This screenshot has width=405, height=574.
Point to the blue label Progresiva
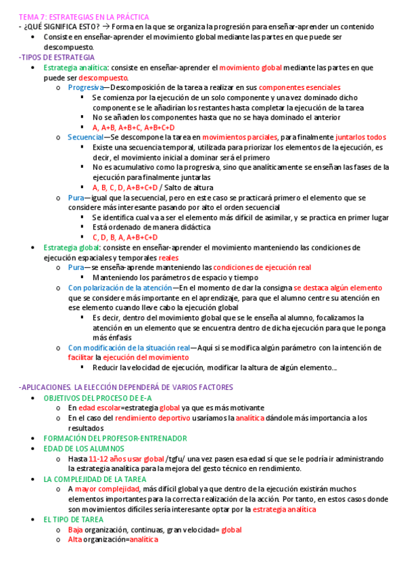click(x=86, y=88)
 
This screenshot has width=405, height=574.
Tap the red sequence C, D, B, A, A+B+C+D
click(x=125, y=238)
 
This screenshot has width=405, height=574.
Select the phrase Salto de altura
click(x=187, y=187)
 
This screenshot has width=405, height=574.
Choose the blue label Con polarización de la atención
click(x=120, y=288)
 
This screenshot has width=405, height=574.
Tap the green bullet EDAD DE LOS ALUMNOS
click(x=84, y=448)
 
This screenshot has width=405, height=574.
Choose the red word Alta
click(x=76, y=540)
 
